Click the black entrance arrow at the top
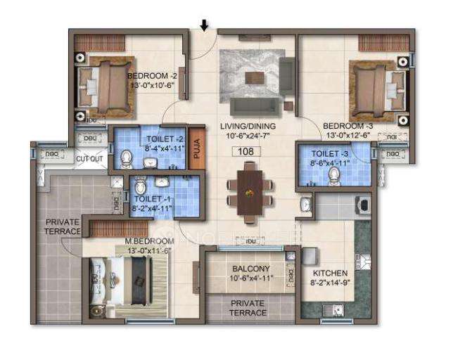[x=204, y=25]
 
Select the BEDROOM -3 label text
[x=345, y=127]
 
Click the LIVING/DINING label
[x=246, y=127]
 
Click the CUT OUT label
[x=89, y=159]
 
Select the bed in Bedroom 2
[x=106, y=85]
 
